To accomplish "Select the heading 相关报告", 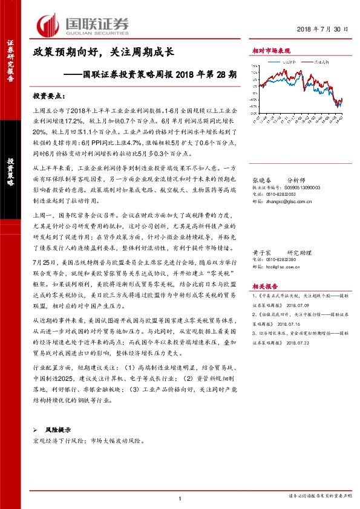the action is pos(264,287).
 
